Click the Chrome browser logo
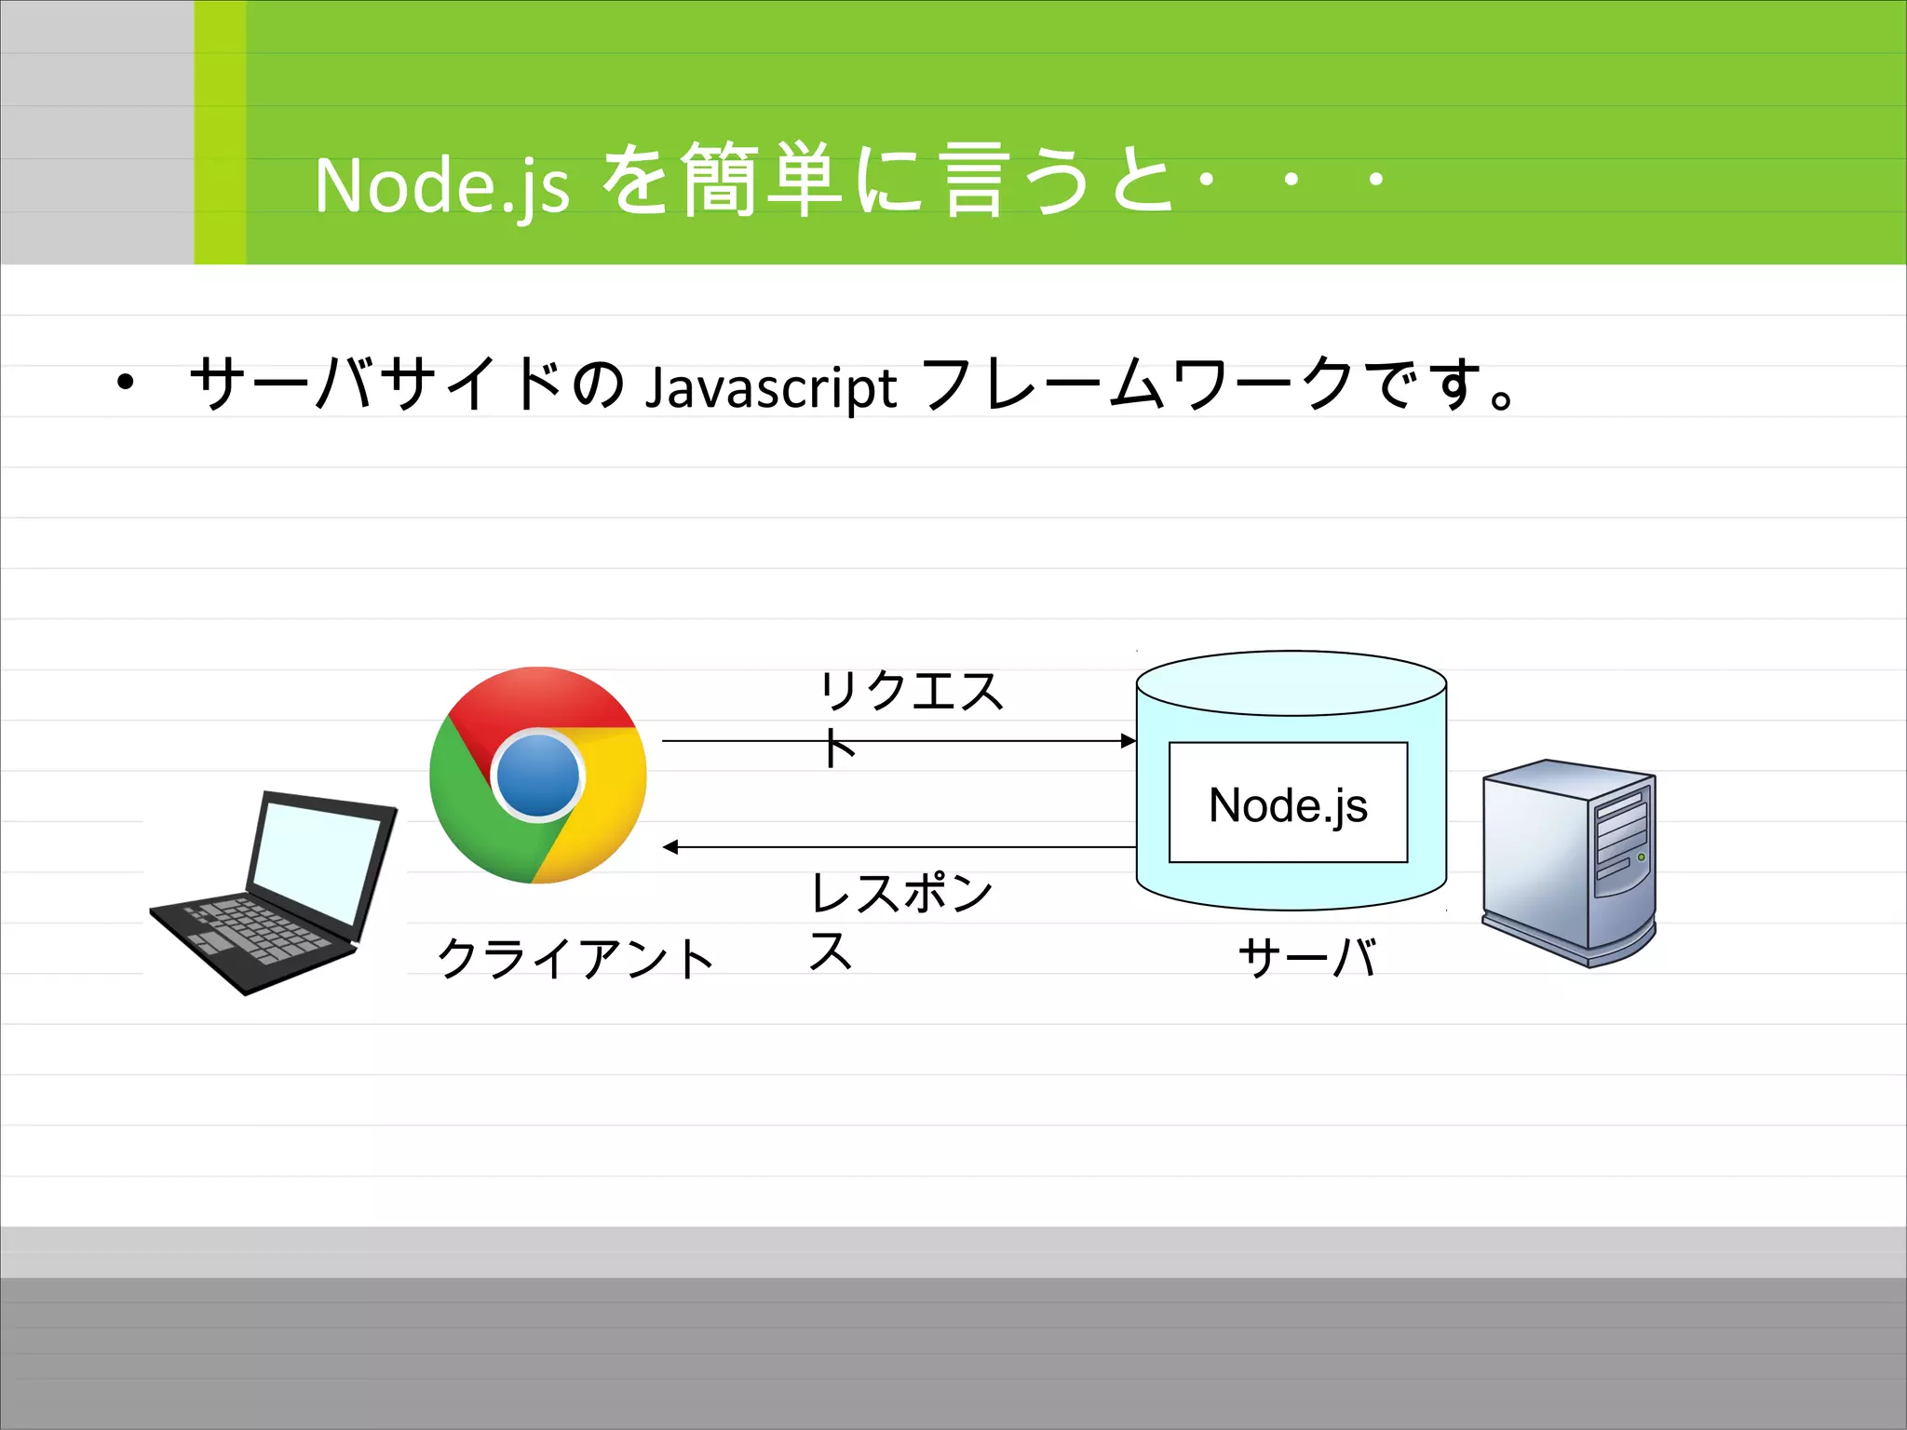pyautogui.click(x=537, y=775)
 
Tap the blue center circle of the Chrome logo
pyautogui.click(x=537, y=776)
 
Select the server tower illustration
pyautogui.click(x=1569, y=862)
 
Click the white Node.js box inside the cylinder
pyautogui.click(x=1288, y=803)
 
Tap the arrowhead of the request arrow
pyautogui.click(x=1129, y=741)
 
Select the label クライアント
pyautogui.click(x=575, y=959)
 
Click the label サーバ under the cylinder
pyautogui.click(x=1307, y=957)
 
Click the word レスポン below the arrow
pyautogui.click(x=901, y=893)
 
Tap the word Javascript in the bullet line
pyautogui.click(x=771, y=387)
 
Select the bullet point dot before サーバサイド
pyautogui.click(x=125, y=382)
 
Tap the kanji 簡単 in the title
pyautogui.click(x=762, y=180)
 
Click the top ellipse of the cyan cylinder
pyautogui.click(x=1292, y=682)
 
